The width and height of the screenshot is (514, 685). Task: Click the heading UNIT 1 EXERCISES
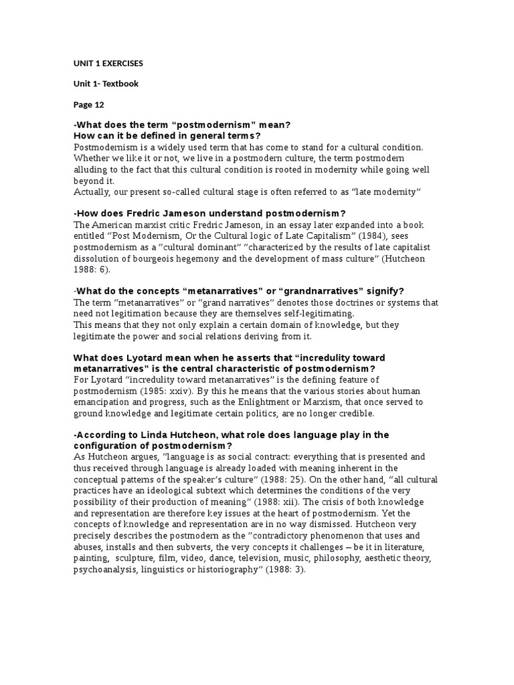pos(108,64)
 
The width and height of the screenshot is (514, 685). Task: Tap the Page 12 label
pos(88,104)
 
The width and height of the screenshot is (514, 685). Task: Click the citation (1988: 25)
pos(283,479)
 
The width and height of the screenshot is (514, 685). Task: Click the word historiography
pos(223,569)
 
